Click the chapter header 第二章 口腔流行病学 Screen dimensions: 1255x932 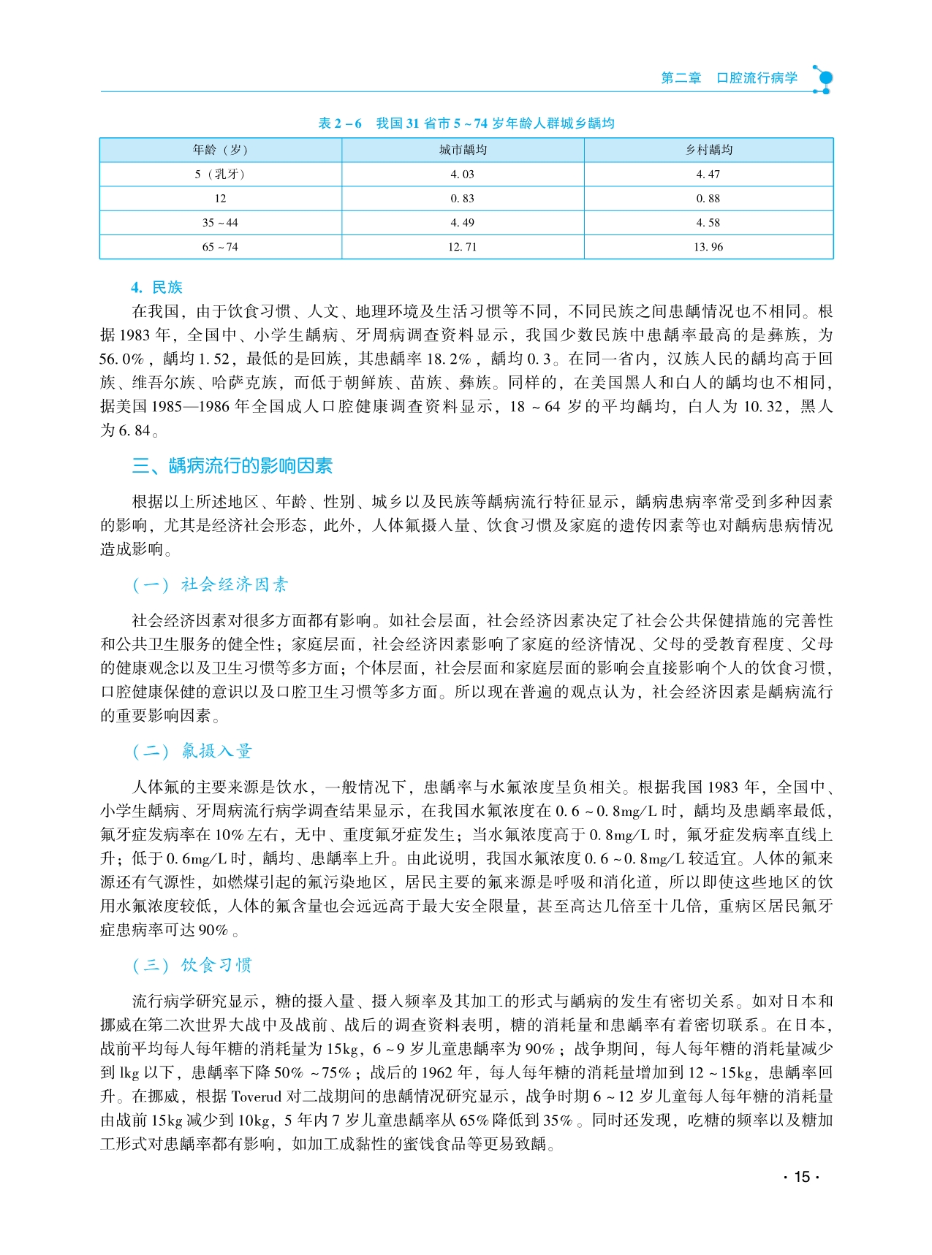(729, 78)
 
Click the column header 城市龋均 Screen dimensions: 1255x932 (463, 150)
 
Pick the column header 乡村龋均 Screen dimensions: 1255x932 (708, 150)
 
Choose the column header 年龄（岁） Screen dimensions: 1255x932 (220, 150)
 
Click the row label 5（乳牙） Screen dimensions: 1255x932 (220, 175)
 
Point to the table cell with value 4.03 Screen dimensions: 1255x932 (463, 175)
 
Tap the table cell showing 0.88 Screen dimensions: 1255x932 (708, 199)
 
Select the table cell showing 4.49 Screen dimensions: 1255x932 (463, 223)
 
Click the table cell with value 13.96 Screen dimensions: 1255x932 (708, 247)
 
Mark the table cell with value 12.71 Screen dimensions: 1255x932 (463, 247)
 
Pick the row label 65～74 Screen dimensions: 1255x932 (220, 247)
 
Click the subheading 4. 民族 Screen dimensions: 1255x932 (156, 287)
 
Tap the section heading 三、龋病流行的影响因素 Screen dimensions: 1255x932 (232, 465)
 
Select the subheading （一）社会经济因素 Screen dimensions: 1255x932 (211, 584)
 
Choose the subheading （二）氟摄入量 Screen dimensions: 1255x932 (192, 751)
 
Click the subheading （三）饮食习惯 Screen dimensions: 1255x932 (192, 965)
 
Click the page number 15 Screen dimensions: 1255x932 (802, 1177)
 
